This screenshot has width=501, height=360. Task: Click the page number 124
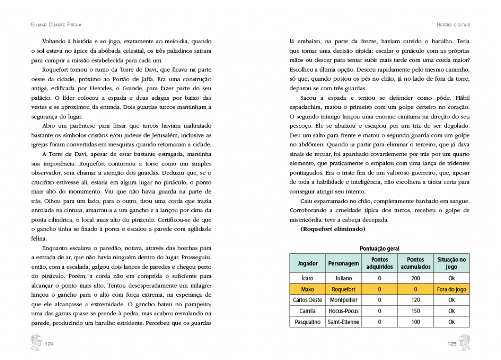point(50,344)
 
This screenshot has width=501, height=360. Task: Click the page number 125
point(451,344)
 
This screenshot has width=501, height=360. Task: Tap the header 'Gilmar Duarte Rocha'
point(56,24)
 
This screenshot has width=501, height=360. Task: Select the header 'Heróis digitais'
point(453,24)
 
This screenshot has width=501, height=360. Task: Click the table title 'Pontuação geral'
point(379,248)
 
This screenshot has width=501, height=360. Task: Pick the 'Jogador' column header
point(308,263)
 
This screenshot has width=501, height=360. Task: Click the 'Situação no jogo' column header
point(451,263)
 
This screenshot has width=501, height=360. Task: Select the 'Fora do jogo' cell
point(451,289)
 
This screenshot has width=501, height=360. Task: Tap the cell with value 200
point(415,278)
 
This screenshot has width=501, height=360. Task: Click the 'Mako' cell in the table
point(308,289)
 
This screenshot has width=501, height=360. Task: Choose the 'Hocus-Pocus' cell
point(343,311)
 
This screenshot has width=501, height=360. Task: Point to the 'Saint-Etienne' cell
point(343,322)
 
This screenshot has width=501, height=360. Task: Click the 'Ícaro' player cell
point(308,278)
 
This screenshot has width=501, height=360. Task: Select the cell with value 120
point(415,300)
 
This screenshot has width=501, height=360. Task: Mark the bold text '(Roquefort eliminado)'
point(333,229)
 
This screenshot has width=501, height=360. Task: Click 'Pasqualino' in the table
point(308,322)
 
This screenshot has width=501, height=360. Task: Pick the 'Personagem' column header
point(343,263)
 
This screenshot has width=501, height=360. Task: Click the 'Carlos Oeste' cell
point(308,300)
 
